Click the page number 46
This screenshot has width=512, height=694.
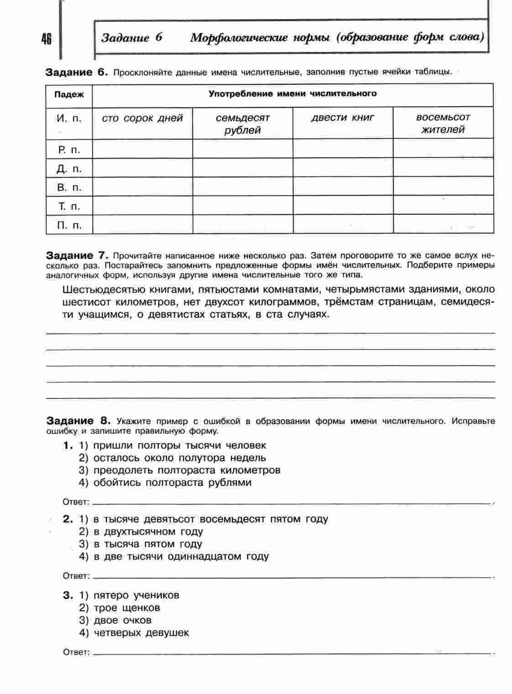46,39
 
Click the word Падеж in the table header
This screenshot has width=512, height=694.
69,95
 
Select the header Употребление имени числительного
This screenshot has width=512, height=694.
293,94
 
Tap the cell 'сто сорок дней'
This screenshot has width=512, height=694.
142,119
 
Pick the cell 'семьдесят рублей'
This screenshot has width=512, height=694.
243,124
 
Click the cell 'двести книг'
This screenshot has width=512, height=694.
343,118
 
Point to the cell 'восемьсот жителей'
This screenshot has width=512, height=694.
443,123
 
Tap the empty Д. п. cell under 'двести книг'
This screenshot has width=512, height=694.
343,168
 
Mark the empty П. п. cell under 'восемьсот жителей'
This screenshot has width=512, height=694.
443,224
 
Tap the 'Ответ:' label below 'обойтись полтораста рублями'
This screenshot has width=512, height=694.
76,502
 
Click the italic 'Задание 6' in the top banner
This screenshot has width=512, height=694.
132,37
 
